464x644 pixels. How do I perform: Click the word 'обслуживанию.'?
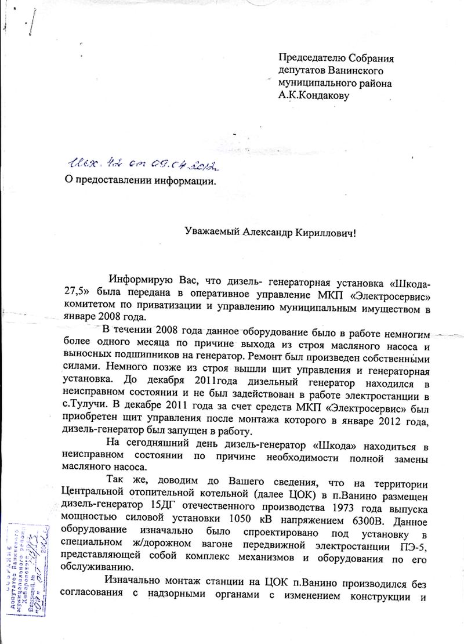pyautogui.click(x=95, y=568)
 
